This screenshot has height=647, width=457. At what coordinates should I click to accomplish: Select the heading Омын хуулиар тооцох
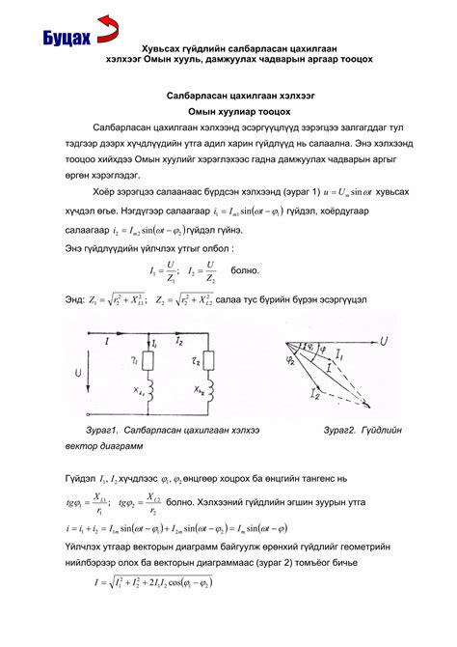tap(228, 111)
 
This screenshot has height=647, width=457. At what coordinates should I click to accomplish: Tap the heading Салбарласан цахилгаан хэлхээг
tap(228, 97)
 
